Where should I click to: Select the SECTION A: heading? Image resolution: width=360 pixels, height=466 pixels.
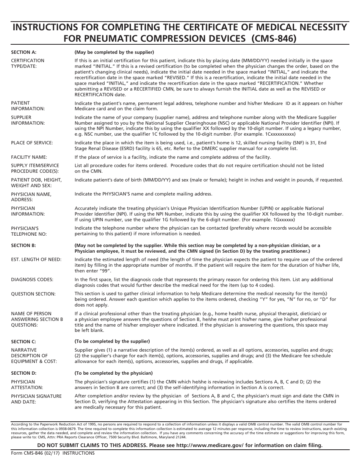coord(24,52)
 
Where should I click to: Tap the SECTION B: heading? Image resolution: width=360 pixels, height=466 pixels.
coord(23,246)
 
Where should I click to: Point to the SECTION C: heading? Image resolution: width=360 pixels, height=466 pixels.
coord(23,342)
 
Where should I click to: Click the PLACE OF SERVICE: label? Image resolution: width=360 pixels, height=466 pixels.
coord(32,143)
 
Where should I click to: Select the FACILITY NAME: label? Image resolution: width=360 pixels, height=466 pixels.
coord(29,157)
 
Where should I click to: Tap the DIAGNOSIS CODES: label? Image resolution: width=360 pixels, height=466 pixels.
coord(32,280)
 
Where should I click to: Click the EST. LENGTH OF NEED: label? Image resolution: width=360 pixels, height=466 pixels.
coord(36,260)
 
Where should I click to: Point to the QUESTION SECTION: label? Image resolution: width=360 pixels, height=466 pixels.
coord(33,294)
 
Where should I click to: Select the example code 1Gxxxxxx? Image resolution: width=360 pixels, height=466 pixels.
coord(279,220)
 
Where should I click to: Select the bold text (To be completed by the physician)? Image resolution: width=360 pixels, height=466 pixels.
coord(114,373)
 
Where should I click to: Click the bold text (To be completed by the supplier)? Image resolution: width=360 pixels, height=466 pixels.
coord(112,341)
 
